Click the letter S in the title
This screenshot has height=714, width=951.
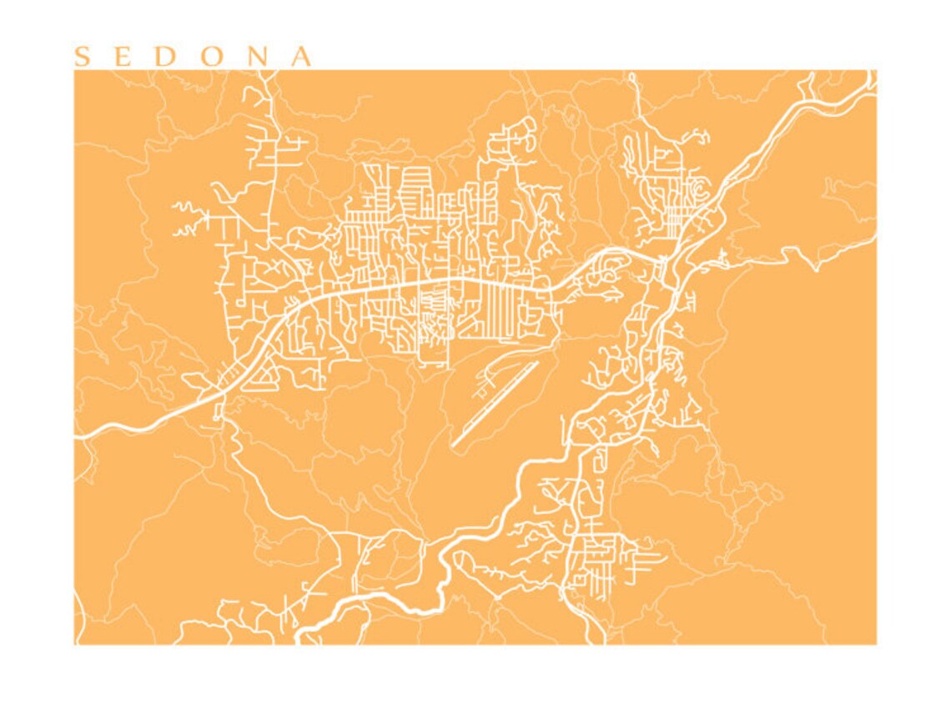[x=82, y=57]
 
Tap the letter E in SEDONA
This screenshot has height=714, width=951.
[x=123, y=57]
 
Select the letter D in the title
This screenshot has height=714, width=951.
[x=166, y=57]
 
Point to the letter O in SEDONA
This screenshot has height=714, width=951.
[x=214, y=57]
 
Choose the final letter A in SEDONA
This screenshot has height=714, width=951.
[x=300, y=57]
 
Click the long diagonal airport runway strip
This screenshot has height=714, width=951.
[x=496, y=404]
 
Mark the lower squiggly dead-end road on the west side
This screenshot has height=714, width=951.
[x=189, y=229]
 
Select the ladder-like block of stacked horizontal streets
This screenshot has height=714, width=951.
[x=415, y=190]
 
